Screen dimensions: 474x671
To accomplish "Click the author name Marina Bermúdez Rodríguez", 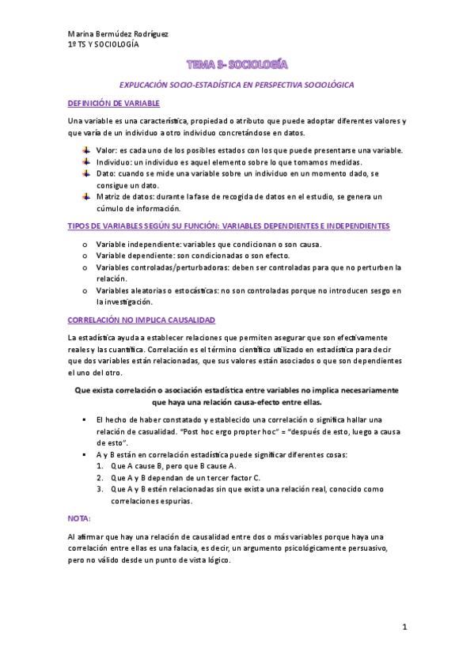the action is (x=118, y=34).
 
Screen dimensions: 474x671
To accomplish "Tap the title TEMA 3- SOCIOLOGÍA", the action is (x=237, y=63).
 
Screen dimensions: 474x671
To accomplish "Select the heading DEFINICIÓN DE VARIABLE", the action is (x=114, y=104).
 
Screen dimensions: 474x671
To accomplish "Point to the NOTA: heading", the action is (x=79, y=518).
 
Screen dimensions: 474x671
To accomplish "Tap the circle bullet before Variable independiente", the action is (x=85, y=244).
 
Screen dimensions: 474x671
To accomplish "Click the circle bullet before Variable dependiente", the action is (x=85, y=256).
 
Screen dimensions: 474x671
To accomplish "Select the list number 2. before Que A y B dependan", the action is (x=100, y=478).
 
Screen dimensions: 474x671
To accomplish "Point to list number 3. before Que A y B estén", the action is (x=100, y=489).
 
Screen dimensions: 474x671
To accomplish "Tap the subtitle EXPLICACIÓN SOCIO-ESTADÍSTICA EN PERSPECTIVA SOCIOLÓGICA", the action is (x=237, y=84).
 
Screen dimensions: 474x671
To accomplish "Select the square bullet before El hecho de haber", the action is (x=84, y=419).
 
